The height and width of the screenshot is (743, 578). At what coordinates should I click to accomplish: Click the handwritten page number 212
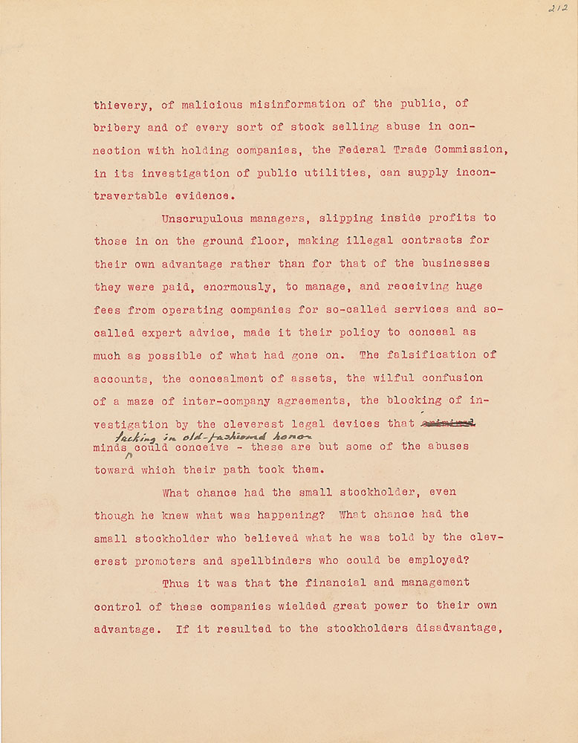[x=556, y=9]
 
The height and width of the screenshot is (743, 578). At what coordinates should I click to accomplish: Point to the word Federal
[x=362, y=150]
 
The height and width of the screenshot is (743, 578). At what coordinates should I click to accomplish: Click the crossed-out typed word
[x=447, y=424]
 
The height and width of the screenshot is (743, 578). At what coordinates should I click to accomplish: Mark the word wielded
[x=308, y=606]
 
